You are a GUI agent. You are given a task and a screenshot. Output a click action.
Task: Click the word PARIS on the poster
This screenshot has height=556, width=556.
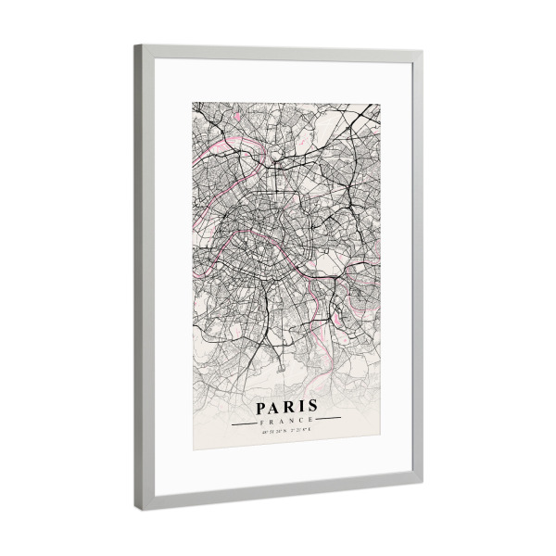[285, 407]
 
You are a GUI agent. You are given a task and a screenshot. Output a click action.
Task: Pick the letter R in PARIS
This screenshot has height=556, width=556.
[288, 407]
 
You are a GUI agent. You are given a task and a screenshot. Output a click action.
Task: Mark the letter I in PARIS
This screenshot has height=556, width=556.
[300, 408]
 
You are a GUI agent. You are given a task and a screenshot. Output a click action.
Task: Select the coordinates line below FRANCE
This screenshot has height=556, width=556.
[285, 431]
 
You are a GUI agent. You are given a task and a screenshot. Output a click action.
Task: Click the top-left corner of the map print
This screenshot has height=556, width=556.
[194, 102]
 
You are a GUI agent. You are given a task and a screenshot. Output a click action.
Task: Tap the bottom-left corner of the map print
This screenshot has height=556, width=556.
[194, 450]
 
